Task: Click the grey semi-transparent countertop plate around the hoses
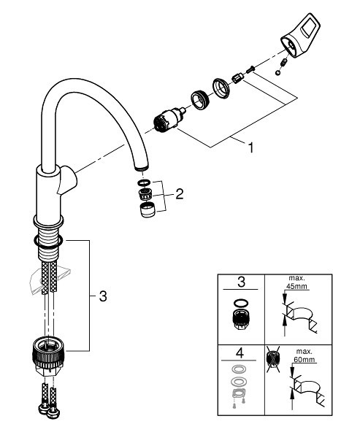coord(51,277)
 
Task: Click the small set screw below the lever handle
coord(281,72)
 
